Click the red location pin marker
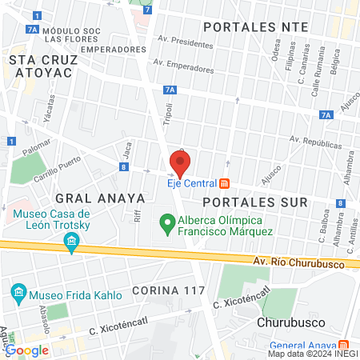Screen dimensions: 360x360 (x=180, y=165)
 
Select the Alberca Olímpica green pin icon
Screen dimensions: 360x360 (x=167, y=222)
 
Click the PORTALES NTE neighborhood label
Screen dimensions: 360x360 (x=255, y=26)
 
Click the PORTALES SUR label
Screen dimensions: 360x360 (x=254, y=202)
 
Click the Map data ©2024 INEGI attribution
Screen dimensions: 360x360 (x=313, y=353)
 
